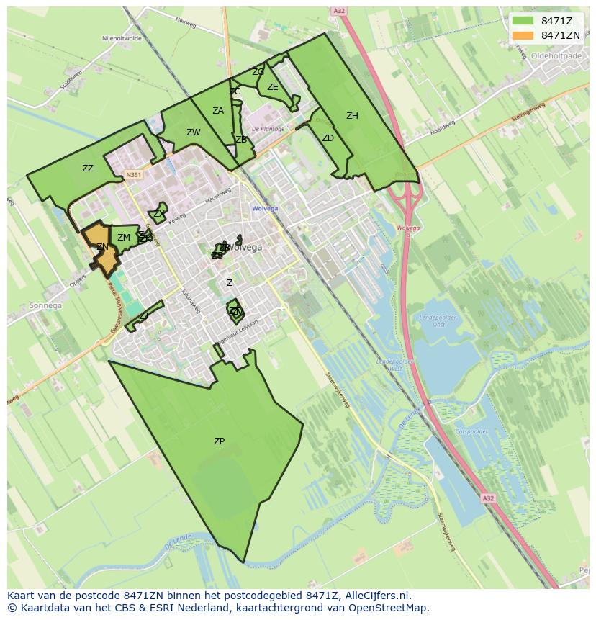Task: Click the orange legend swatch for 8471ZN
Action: click(x=523, y=35)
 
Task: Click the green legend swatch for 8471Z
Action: click(x=523, y=20)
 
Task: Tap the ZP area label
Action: click(x=219, y=441)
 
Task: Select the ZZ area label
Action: click(x=88, y=169)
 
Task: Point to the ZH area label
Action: click(x=352, y=116)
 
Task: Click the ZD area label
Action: click(x=328, y=138)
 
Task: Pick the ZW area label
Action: click(x=194, y=132)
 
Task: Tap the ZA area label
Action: click(x=218, y=111)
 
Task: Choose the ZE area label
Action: click(x=273, y=87)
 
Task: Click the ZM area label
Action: click(x=124, y=238)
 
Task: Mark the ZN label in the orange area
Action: click(x=102, y=247)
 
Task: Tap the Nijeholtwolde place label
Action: click(x=122, y=39)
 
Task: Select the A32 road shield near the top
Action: click(x=340, y=11)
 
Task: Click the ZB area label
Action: click(x=241, y=140)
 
